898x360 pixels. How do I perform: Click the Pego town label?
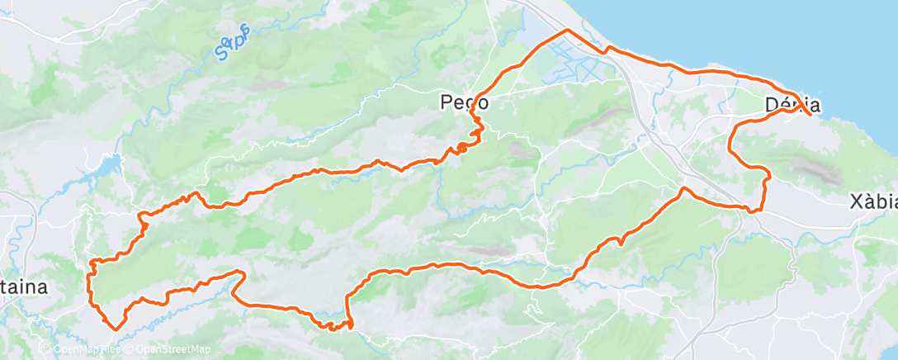465,103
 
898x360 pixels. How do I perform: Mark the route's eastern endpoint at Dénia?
811,114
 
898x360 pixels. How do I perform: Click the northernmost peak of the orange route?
567,31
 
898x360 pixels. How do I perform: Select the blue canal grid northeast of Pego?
570,66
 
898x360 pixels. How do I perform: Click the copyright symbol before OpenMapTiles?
46,350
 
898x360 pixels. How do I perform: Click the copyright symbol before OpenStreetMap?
130,350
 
